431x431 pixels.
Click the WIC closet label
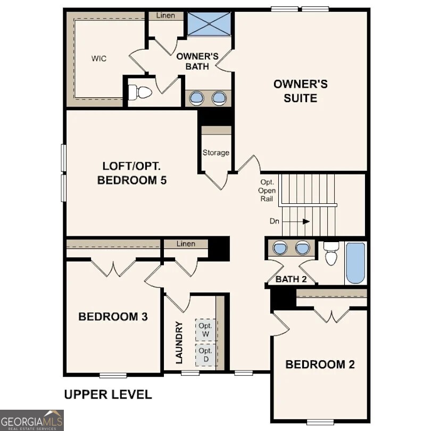pyautogui.click(x=99, y=59)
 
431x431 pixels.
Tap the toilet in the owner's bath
pyautogui.click(x=140, y=93)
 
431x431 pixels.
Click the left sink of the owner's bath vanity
pyautogui.click(x=197, y=98)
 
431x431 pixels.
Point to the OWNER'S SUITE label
pyautogui.click(x=301, y=91)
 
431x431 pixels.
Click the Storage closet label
pyautogui.click(x=216, y=153)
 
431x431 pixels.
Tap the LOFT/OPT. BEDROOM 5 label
pyautogui.click(x=132, y=173)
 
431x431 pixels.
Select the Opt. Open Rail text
pyautogui.click(x=267, y=190)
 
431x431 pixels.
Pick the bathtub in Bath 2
pyautogui.click(x=355, y=263)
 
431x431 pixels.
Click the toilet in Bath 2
pyautogui.click(x=331, y=254)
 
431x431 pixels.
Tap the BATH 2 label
pyautogui.click(x=291, y=279)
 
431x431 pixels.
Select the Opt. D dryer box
pyautogui.click(x=205, y=355)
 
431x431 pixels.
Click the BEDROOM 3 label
pyautogui.click(x=113, y=317)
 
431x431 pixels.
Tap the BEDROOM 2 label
pyautogui.click(x=320, y=364)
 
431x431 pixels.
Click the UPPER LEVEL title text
pyautogui.click(x=108, y=395)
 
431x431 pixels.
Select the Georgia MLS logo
pyautogui.click(x=32, y=420)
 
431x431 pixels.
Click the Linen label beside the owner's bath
pyautogui.click(x=166, y=16)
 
